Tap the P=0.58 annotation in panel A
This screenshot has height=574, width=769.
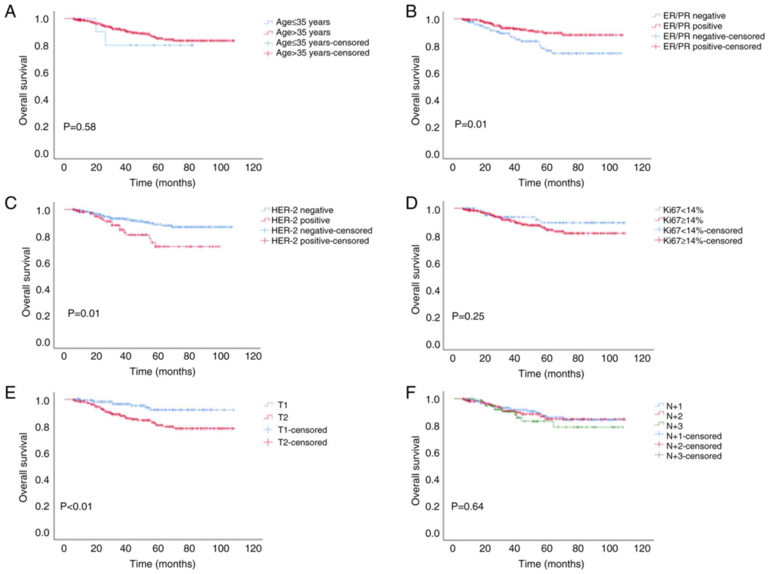79,127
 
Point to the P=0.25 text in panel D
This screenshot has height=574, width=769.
468,316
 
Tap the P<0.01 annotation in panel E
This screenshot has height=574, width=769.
76,506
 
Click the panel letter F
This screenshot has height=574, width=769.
411,393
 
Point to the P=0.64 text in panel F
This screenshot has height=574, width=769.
467,506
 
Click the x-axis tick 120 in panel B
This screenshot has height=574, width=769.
642,168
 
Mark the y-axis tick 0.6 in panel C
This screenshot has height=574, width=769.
43,264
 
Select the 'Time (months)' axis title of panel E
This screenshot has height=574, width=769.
162,564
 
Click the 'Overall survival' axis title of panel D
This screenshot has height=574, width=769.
416,280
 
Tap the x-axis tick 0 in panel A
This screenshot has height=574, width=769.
64,168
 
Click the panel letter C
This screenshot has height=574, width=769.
11,203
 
